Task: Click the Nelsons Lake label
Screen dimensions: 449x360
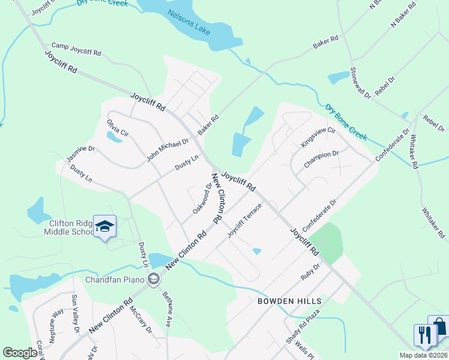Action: pyautogui.click(x=189, y=22)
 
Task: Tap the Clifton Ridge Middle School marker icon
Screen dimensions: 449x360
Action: pyautogui.click(x=104, y=227)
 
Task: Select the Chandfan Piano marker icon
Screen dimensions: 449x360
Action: pyautogui.click(x=154, y=278)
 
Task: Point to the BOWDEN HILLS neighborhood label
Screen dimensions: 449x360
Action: pyautogui.click(x=290, y=301)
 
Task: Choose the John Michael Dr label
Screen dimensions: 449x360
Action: pyautogui.click(x=167, y=150)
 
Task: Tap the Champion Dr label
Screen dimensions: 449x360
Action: pyautogui.click(x=321, y=159)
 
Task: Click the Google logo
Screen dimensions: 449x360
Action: pyautogui.click(x=20, y=353)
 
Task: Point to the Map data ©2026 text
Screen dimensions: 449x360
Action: pyautogui.click(x=423, y=355)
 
